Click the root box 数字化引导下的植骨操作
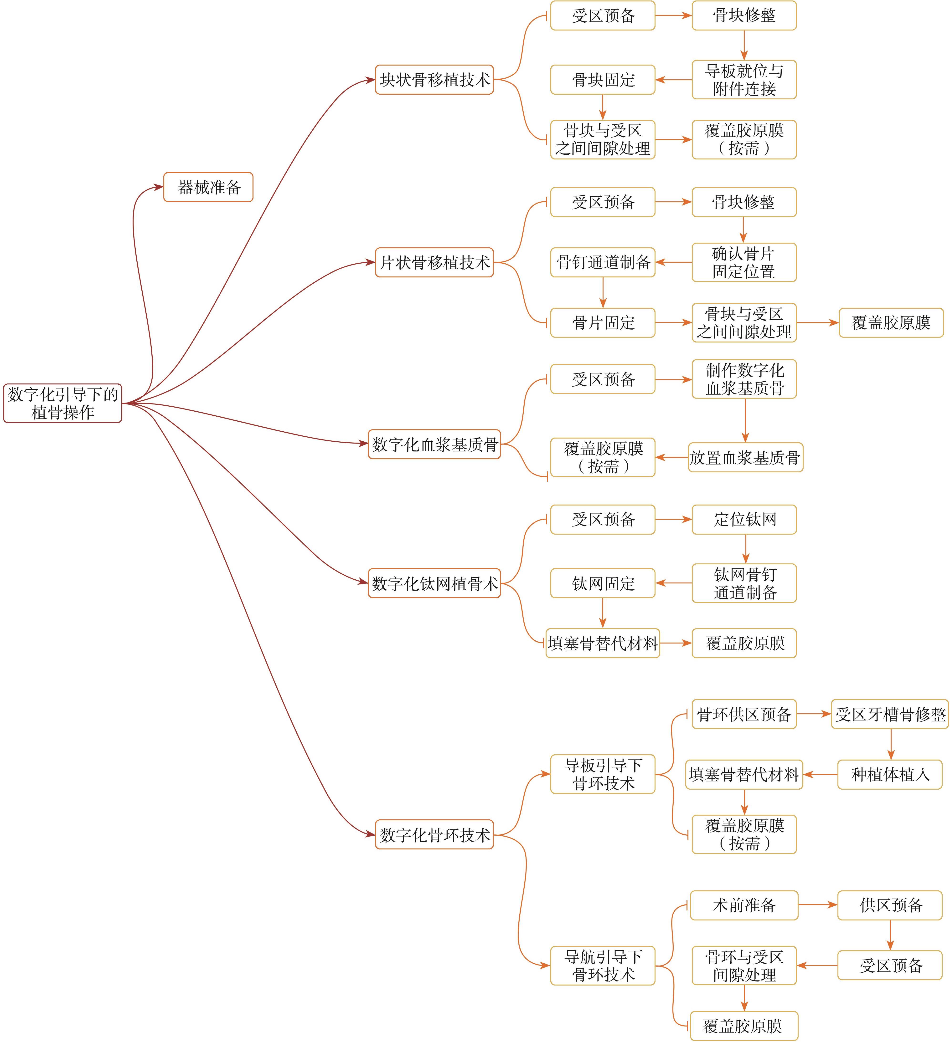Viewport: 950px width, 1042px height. pyautogui.click(x=62, y=403)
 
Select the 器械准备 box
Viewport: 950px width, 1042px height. pyautogui.click(x=208, y=187)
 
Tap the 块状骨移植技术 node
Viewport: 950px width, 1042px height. pyautogui.click(x=434, y=80)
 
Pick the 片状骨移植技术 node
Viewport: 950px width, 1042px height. pyautogui.click(x=434, y=263)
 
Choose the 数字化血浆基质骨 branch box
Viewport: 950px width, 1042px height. pyautogui.click(x=434, y=444)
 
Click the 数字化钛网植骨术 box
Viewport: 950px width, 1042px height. pyautogui.click(x=434, y=583)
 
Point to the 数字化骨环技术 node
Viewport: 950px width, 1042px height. pyautogui.click(x=434, y=834)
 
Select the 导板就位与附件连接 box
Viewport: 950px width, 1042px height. pyautogui.click(x=744, y=80)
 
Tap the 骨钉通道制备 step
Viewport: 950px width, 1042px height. pyautogui.click(x=603, y=263)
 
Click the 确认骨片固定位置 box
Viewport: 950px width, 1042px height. pyautogui.click(x=744, y=263)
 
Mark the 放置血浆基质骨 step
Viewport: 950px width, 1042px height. pyautogui.click(x=745, y=457)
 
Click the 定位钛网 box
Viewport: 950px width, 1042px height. pyautogui.click(x=744, y=519)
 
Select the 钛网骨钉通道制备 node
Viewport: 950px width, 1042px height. pyautogui.click(x=744, y=583)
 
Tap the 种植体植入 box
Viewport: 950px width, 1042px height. pyautogui.click(x=890, y=774)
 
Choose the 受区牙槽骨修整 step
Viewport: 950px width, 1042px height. pyautogui.click(x=890, y=714)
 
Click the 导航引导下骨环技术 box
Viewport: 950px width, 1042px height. pyautogui.click(x=603, y=965)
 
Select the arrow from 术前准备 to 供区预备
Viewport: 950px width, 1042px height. pyautogui.click(x=818, y=905)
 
